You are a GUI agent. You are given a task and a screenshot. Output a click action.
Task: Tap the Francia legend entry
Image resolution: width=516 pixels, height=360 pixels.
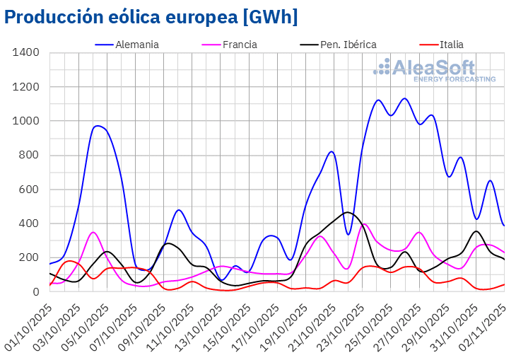(229, 45)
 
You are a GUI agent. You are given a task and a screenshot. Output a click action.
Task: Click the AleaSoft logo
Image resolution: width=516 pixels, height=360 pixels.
(434, 71)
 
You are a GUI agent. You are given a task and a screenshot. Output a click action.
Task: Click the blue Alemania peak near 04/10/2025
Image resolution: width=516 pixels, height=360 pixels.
(98, 126)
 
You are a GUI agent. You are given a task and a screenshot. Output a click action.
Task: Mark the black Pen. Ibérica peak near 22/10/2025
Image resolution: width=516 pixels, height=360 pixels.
(347, 212)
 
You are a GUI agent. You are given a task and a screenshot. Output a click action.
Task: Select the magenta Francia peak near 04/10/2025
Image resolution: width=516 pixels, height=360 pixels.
(93, 232)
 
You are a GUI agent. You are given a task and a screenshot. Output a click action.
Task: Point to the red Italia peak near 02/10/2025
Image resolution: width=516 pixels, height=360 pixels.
(69, 261)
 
